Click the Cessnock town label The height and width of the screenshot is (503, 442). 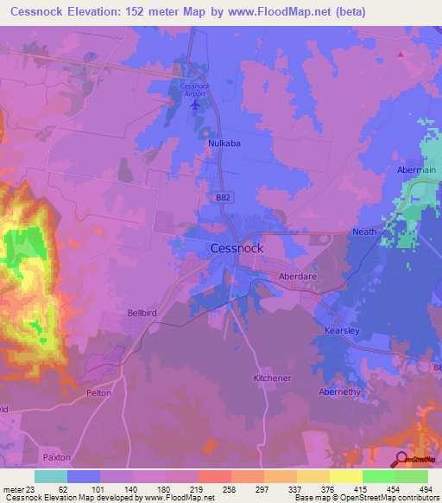(x=237, y=247)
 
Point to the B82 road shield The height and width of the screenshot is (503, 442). (x=223, y=198)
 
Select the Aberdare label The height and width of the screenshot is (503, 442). (x=298, y=276)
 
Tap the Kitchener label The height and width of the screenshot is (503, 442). (x=273, y=379)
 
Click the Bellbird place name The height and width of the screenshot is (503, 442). (x=143, y=313)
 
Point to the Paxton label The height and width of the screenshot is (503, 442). (x=56, y=456)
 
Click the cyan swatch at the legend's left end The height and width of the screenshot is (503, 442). (x=51, y=476)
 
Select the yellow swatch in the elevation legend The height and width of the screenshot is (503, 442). (x=345, y=476)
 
